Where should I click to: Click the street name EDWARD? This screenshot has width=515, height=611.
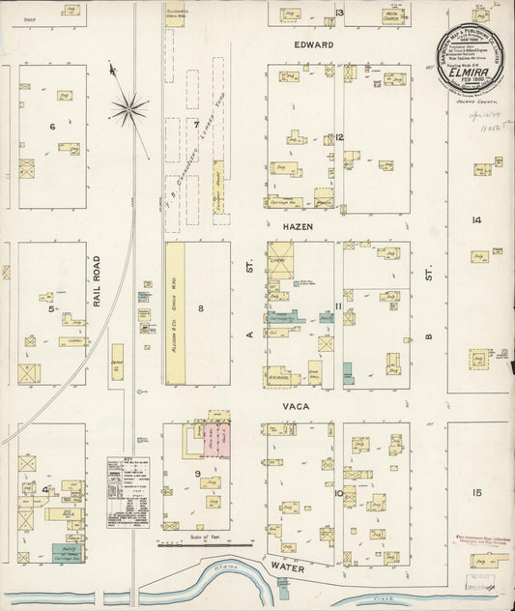pyautogui.click(x=314, y=45)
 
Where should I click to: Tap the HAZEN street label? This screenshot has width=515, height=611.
pyautogui.click(x=299, y=224)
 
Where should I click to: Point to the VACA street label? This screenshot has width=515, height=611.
pyautogui.click(x=295, y=407)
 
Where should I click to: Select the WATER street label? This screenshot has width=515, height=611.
pyautogui.click(x=287, y=569)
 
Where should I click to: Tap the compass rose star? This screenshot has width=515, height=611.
pyautogui.click(x=129, y=107)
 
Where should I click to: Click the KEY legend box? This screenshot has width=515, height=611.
pyautogui.click(x=128, y=491)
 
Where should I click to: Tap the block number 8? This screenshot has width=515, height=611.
pyautogui.click(x=201, y=309)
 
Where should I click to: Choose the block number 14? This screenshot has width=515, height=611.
pyautogui.click(x=476, y=220)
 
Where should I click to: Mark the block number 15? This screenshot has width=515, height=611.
pyautogui.click(x=476, y=493)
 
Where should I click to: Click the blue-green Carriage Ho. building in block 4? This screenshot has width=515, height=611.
pyautogui.click(x=66, y=553)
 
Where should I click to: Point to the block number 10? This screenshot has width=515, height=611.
pyautogui.click(x=339, y=493)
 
